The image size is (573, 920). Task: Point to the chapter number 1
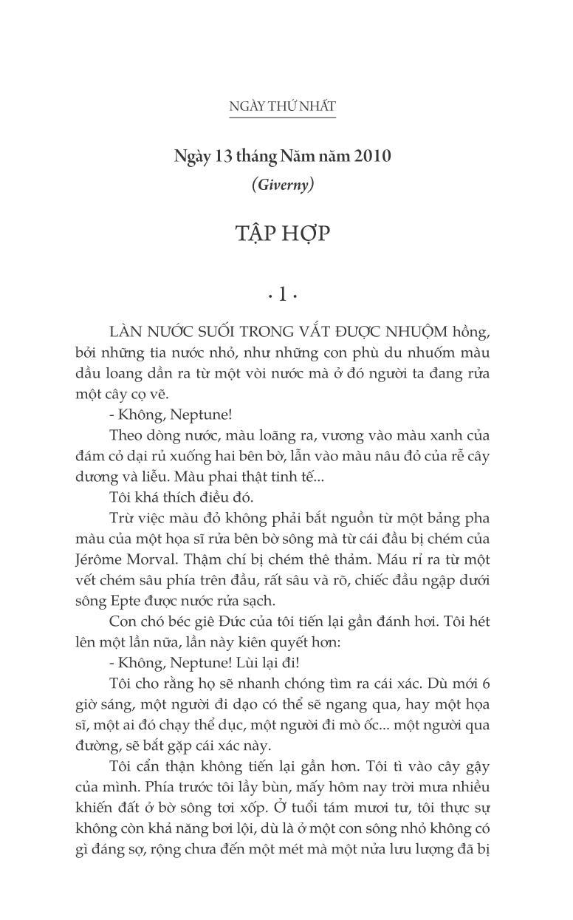click(282, 295)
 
